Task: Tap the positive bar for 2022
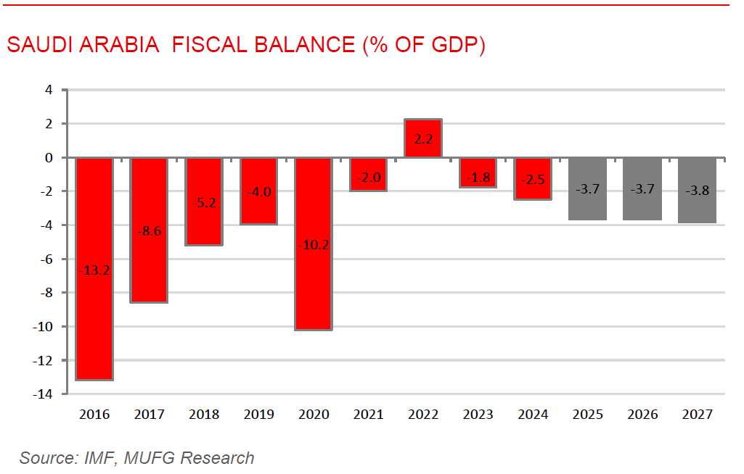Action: point(423,138)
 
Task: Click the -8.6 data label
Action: point(149,232)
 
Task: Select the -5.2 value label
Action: point(204,203)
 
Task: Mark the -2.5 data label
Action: point(533,180)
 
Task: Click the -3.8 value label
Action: point(697,191)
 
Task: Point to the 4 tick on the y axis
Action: point(49,91)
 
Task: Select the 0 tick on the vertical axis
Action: point(49,158)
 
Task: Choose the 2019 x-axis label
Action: point(258,415)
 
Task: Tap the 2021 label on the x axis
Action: point(368,415)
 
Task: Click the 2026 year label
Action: point(642,415)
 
